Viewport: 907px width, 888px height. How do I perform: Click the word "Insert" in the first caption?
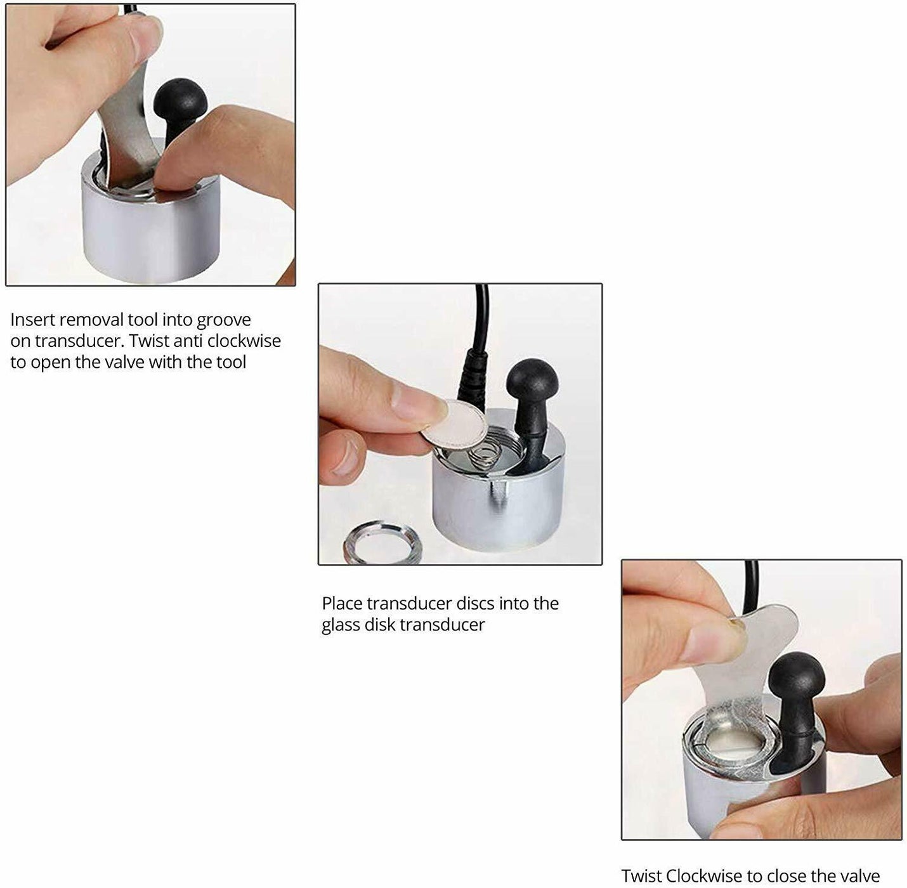(x=33, y=320)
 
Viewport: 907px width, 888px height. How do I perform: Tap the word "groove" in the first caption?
(x=223, y=321)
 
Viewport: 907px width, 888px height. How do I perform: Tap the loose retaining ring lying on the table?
(x=382, y=542)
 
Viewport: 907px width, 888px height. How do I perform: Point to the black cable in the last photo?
(x=752, y=584)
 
